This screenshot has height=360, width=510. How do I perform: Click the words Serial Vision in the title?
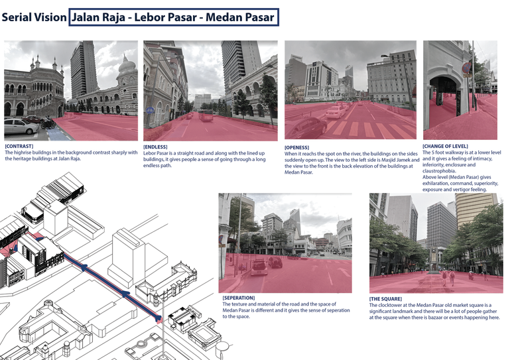(x=34, y=17)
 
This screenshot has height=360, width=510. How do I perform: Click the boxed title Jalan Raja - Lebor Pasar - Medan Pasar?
(x=173, y=17)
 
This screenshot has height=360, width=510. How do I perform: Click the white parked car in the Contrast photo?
(x=20, y=126)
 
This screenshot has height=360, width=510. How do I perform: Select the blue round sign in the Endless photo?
(x=151, y=110)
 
